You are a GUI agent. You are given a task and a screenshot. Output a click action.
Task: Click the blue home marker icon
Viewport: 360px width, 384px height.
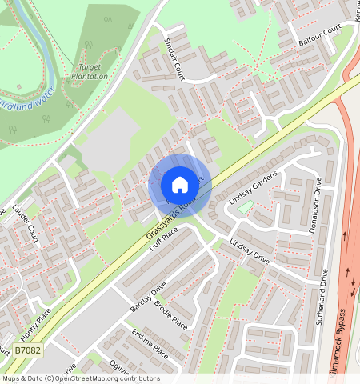point(180,185)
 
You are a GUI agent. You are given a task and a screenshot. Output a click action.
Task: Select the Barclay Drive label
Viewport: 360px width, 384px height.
point(147,296)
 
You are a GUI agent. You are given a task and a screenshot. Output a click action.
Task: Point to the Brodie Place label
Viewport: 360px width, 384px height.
point(170,314)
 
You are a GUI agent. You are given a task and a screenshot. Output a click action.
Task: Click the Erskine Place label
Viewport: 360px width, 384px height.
point(150,346)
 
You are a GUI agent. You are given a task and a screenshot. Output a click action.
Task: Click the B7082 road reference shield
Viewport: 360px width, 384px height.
point(28,350)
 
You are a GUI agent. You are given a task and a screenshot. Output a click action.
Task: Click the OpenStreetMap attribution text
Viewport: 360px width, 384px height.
point(80,378)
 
